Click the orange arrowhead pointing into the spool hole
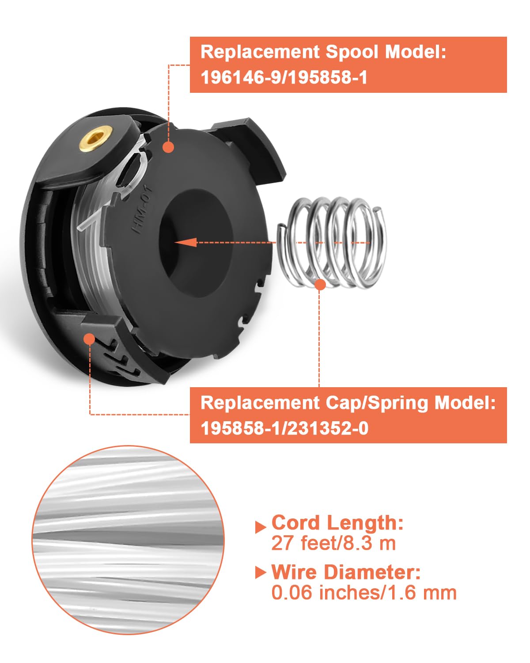pos(185,242)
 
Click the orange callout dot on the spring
pos(320,284)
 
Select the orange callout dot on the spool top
pos(168,147)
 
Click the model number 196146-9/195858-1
pos(284,78)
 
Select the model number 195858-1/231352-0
pos(284,428)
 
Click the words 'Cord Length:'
pos(337,522)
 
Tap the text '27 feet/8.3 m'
pos(333,543)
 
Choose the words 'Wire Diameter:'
pos(346,572)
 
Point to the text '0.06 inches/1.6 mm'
pos(364,593)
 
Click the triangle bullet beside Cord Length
pos(261,526)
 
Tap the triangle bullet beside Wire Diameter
pos(261,572)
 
